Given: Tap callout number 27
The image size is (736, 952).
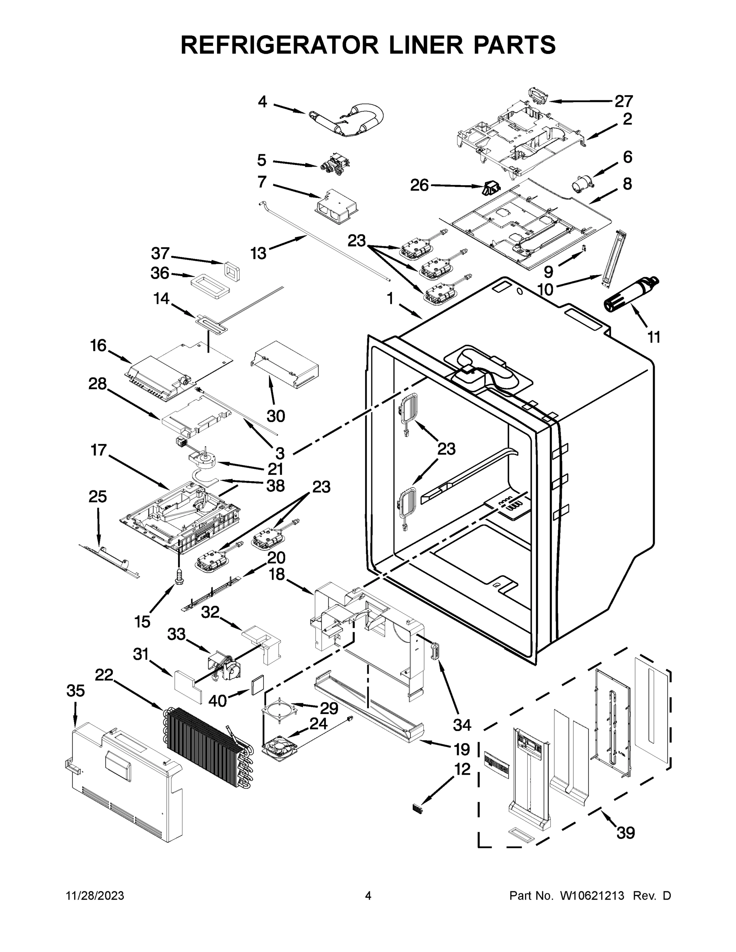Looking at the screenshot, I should pos(623,101).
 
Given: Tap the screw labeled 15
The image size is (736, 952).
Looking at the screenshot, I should pos(179,576).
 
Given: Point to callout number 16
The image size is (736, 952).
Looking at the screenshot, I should pos(98,345).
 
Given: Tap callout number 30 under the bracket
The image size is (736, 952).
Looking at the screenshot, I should pos(276,416).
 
